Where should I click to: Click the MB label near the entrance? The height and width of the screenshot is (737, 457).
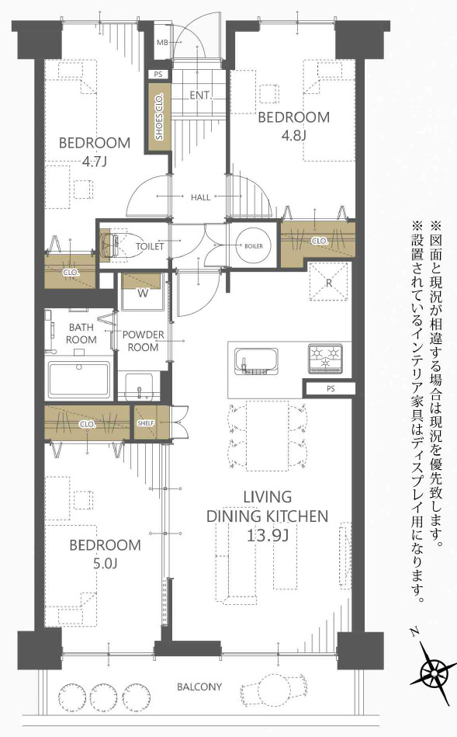(x=163, y=42)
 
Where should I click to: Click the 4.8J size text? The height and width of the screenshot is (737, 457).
(x=293, y=135)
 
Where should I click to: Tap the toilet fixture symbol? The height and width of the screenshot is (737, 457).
(x=113, y=244)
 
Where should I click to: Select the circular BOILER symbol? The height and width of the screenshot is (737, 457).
(x=254, y=245)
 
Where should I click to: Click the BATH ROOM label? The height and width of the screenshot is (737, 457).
(x=81, y=334)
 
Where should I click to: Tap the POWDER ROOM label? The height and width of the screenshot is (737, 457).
(x=143, y=340)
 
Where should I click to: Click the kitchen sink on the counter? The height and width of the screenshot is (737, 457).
(x=257, y=362)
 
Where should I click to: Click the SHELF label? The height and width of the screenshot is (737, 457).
(x=145, y=422)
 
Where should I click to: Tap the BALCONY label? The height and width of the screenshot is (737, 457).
(x=199, y=687)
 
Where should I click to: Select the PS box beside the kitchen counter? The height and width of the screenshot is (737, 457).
(x=330, y=388)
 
